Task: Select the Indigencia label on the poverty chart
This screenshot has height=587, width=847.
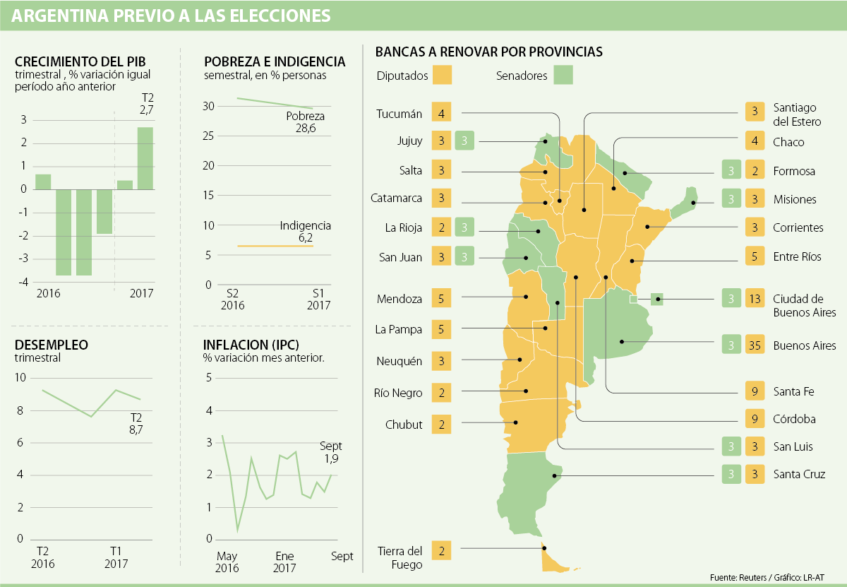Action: [305, 226]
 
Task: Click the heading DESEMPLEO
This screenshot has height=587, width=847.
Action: [52, 345]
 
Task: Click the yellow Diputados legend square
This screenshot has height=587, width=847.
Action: [442, 75]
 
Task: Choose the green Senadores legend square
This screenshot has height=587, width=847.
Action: [563, 75]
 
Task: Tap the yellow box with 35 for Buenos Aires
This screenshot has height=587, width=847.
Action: [754, 345]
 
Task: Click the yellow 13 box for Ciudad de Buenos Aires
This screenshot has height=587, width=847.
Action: [754, 298]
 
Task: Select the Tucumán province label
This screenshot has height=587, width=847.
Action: [399, 113]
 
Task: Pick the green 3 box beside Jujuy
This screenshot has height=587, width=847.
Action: [464, 141]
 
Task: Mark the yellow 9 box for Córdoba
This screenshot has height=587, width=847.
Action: [755, 419]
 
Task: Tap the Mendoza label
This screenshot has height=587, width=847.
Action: [399, 299]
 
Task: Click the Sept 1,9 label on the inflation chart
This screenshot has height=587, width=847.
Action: [330, 453]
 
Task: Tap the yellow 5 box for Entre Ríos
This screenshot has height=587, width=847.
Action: [755, 256]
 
